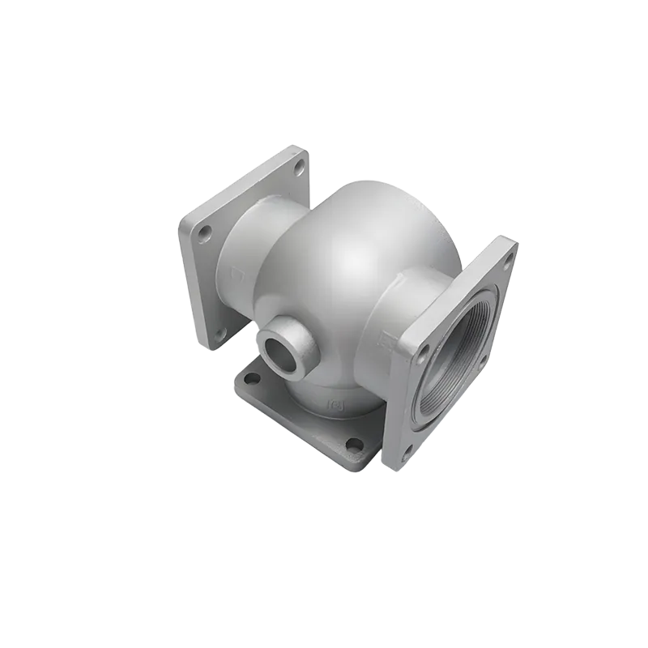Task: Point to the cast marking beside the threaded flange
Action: click(x=390, y=340)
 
